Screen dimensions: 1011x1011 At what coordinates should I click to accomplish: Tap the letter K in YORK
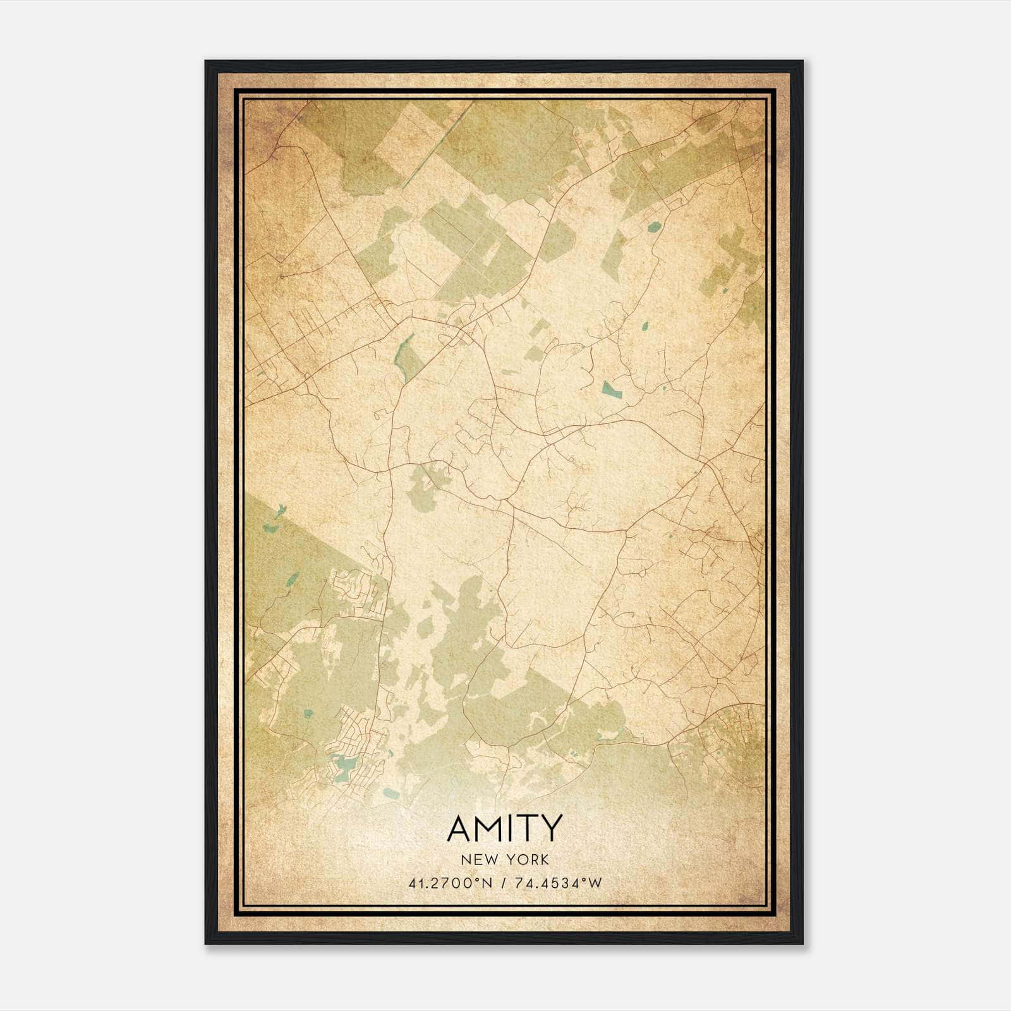pyautogui.click(x=544, y=859)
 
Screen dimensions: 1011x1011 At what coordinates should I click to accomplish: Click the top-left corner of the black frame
pyautogui.click(x=206, y=61)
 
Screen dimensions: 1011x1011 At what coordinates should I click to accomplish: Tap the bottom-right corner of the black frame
pyautogui.click(x=802, y=943)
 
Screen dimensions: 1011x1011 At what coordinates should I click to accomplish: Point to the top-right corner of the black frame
pyautogui.click(x=802, y=61)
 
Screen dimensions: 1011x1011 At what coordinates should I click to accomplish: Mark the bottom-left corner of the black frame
pyautogui.click(x=206, y=943)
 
